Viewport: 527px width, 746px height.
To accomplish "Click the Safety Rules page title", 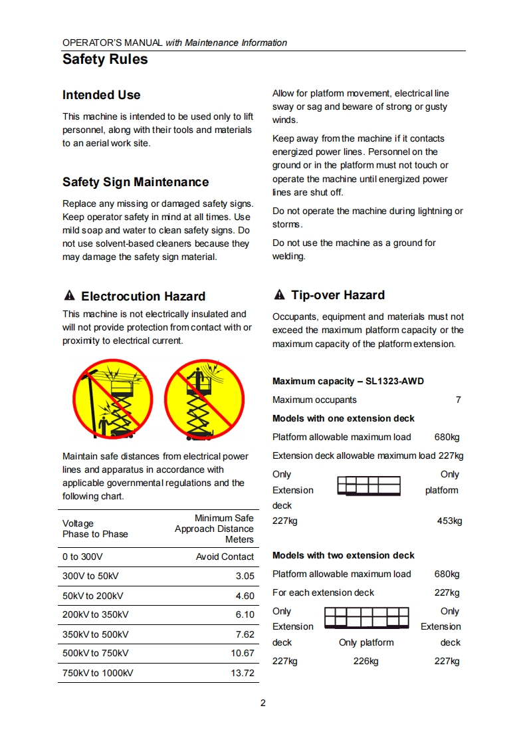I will [x=105, y=60].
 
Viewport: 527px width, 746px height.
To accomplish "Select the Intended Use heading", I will [x=101, y=95].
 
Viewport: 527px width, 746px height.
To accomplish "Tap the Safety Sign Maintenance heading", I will [x=135, y=182].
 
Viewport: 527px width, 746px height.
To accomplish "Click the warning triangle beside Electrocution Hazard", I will [x=68, y=296].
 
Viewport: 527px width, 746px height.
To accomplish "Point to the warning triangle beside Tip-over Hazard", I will [x=279, y=295].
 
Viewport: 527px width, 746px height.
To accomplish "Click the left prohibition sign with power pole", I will [x=112, y=400].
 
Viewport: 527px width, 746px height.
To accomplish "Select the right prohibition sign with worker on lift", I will [x=203, y=400].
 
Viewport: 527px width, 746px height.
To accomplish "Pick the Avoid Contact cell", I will [x=225, y=557].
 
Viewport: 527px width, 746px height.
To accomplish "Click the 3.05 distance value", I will [x=245, y=576].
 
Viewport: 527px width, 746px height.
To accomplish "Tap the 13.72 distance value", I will [x=242, y=673].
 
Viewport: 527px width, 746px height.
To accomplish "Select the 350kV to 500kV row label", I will [x=95, y=634].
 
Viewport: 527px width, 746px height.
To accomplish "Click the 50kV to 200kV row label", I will [x=92, y=596].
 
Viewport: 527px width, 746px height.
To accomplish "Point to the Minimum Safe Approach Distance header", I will [x=214, y=529].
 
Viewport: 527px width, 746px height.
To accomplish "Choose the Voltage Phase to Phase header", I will [x=94, y=529].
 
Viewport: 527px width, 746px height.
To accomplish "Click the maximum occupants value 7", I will [x=458, y=400].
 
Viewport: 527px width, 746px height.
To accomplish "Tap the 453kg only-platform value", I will [x=449, y=521].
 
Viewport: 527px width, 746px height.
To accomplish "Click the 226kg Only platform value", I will [x=366, y=661].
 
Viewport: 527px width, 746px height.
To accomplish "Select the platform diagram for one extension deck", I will [x=369, y=486].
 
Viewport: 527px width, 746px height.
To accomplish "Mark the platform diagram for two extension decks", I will [x=366, y=618].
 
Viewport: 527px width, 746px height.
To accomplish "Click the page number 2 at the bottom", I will [x=263, y=703].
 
